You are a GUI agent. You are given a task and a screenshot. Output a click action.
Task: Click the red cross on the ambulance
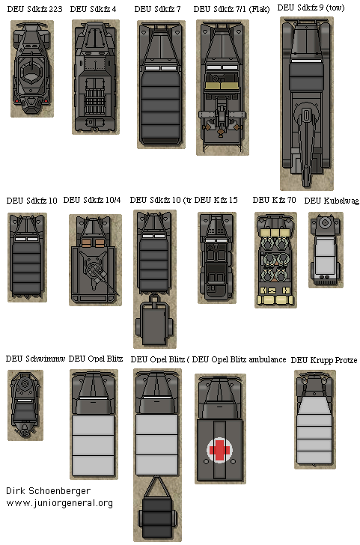click(x=219, y=449)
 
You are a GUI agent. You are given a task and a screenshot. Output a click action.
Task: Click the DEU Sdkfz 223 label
click(x=32, y=10)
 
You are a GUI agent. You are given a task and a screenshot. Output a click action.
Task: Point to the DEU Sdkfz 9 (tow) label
click(x=311, y=8)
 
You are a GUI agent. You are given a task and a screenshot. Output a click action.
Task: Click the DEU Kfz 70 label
click(x=274, y=200)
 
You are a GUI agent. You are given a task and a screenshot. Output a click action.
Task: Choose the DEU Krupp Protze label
click(x=323, y=360)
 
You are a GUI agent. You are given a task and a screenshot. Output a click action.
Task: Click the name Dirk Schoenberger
click(x=49, y=490)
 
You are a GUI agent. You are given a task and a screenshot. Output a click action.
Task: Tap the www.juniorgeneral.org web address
click(x=59, y=503)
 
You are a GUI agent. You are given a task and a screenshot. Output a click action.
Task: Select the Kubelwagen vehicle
click(x=326, y=251)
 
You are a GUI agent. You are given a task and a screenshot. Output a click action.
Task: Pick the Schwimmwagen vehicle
click(x=25, y=404)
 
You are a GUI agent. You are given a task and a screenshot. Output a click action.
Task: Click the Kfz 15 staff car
click(x=217, y=258)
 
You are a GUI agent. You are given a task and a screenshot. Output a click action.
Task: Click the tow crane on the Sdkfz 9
click(x=305, y=138)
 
